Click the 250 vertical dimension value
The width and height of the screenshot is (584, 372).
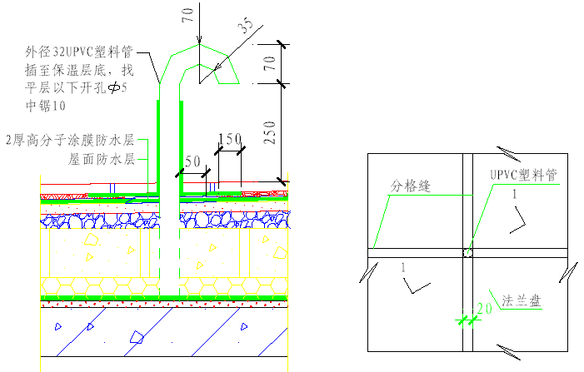click(271, 132)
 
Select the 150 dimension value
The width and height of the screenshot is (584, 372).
click(230, 139)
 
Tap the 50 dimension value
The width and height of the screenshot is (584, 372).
click(192, 161)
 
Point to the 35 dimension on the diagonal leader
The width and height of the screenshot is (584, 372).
click(246, 25)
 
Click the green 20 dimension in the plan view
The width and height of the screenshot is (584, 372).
click(485, 309)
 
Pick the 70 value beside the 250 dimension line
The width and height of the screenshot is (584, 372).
click(270, 63)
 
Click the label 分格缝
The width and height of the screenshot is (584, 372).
click(411, 186)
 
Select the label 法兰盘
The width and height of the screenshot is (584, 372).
click(522, 300)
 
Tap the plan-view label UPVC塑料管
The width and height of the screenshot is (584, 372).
click(523, 175)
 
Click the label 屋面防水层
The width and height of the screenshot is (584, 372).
click(102, 159)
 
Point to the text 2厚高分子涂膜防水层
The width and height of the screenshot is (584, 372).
click(70, 141)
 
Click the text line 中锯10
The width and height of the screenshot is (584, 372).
click(46, 106)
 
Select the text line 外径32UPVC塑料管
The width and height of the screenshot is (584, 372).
click(79, 52)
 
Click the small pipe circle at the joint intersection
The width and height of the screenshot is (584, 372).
click(468, 253)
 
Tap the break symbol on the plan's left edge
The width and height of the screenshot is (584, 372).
click(369, 272)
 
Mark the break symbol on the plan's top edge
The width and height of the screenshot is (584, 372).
click(508, 154)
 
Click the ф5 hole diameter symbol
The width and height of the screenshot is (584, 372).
click(114, 87)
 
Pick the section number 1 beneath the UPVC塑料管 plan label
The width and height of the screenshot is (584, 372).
click(515, 194)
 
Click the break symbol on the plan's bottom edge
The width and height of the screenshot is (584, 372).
click(508, 352)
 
